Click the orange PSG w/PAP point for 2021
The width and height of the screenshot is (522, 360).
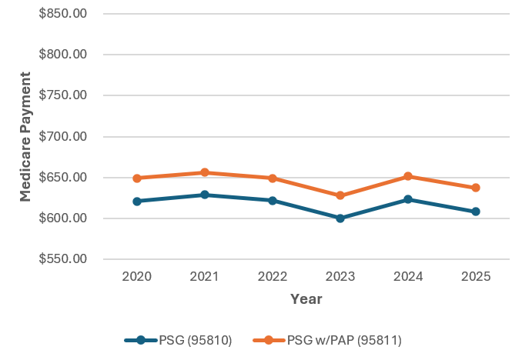pos(205,172)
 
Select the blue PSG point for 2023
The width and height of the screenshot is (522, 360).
pos(340,218)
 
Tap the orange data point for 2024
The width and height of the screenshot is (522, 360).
pos(408,176)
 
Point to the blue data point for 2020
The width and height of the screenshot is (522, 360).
pos(137,202)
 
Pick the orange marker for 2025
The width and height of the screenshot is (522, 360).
pos(476,188)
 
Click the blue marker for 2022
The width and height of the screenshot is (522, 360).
pos(273,201)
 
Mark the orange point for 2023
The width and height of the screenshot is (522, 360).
pos(340,195)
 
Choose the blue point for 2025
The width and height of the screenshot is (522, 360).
pos(476,212)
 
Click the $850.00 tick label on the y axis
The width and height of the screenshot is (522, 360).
pos(60,14)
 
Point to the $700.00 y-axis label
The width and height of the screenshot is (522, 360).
pos(60,137)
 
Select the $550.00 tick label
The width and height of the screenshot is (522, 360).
pos(60,259)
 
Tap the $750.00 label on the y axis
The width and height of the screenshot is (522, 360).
pos(60,95)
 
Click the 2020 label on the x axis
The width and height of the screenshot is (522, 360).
pos(137,276)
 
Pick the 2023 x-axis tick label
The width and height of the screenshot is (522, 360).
pos(340,276)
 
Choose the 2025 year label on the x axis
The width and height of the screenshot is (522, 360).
pos(476,276)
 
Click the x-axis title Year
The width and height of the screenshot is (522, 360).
pos(306,299)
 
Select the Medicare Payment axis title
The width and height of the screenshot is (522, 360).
pos(25,136)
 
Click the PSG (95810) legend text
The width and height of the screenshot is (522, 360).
pos(195,339)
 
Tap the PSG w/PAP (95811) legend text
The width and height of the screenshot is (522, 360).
pos(344,339)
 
